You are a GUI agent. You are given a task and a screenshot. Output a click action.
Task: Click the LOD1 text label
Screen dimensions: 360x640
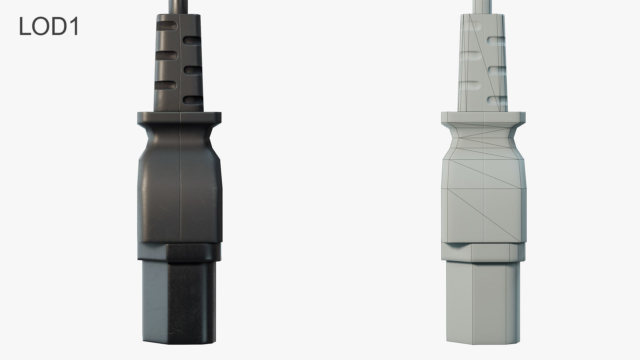(49, 27)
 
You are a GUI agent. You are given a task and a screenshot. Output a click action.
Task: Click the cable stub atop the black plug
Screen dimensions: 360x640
(179, 7)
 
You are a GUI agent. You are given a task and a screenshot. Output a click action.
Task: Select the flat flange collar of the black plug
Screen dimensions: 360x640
(179, 118)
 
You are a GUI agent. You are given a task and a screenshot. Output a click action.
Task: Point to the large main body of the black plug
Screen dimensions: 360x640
(179, 200)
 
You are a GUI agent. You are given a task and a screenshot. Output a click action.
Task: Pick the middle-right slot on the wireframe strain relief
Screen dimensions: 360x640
(497, 70)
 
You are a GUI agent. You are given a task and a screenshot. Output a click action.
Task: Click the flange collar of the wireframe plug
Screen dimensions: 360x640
(483, 118)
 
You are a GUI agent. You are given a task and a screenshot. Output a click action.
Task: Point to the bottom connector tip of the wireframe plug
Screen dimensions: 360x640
(483, 307)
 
